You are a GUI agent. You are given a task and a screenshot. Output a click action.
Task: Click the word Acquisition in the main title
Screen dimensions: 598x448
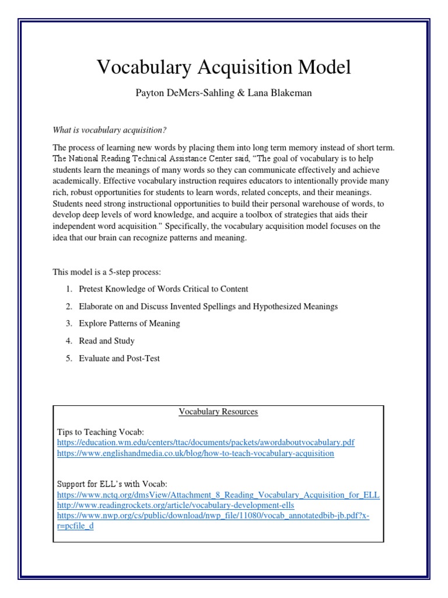[x=240, y=68]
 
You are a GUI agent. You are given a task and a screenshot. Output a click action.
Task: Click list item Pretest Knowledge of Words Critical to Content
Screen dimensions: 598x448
[x=163, y=288]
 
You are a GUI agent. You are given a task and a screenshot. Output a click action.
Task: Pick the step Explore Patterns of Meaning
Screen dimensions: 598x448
[x=129, y=324]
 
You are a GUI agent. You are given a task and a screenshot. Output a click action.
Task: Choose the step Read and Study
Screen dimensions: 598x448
[x=107, y=341]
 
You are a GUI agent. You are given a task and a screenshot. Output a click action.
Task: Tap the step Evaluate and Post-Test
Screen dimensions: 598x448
[x=119, y=358]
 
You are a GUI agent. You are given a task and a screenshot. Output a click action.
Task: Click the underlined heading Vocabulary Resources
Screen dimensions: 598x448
[x=218, y=412]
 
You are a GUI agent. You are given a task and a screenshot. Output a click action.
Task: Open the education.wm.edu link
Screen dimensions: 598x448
[x=205, y=443]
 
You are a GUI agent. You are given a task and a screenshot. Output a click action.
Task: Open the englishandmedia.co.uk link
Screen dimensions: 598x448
[x=195, y=453]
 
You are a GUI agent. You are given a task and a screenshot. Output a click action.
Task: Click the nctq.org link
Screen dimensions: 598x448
[x=218, y=495]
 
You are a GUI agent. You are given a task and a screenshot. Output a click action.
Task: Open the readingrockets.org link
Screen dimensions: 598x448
[x=175, y=505]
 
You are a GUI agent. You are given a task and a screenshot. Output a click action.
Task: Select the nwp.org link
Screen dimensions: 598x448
[x=213, y=516]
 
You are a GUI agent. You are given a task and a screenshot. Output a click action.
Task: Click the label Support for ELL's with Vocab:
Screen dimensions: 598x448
[x=111, y=484]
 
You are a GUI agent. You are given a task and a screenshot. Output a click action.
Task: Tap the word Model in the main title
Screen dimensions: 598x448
[x=324, y=68]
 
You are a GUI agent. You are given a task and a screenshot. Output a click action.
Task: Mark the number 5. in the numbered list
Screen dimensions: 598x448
[x=68, y=358]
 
